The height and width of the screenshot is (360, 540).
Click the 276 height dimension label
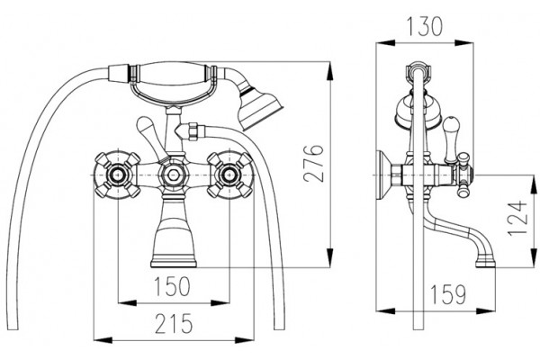(314, 163)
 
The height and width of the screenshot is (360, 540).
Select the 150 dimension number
(172, 286)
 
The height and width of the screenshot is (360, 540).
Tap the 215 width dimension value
(174, 323)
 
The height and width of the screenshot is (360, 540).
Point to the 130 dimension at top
(424, 26)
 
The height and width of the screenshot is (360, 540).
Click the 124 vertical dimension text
(517, 218)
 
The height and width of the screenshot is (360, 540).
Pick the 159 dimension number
(447, 294)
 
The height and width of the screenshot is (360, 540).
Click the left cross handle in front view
(117, 175)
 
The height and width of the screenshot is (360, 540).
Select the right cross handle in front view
(229, 175)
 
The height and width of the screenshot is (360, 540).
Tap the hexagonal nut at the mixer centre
(173, 175)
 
